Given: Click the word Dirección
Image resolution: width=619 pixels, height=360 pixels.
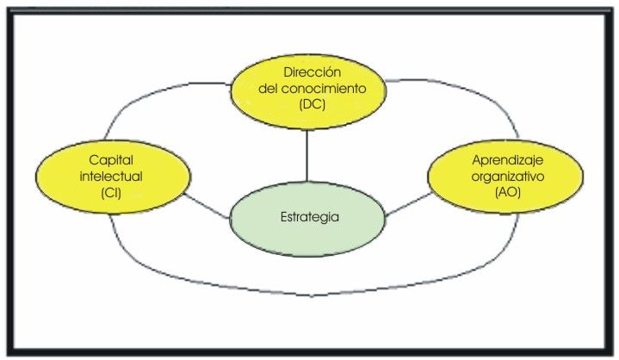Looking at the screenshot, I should point(309,73).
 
